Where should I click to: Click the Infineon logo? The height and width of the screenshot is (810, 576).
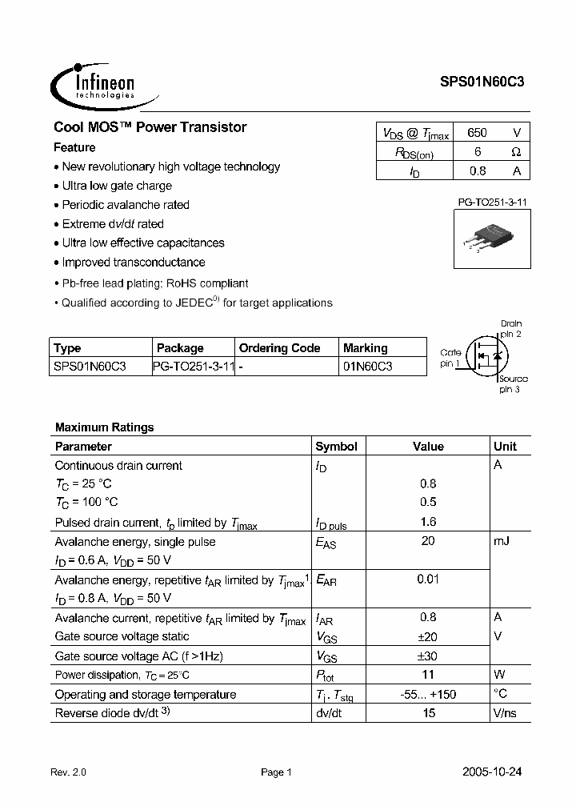94,82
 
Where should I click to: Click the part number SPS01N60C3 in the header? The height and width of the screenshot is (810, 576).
482,82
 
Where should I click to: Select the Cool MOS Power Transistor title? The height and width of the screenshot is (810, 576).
150,127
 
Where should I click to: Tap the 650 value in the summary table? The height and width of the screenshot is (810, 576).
477,133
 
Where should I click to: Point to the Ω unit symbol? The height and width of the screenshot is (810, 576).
516,152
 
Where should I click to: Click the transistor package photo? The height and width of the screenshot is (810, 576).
488,238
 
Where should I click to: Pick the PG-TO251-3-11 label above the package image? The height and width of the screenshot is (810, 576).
486,203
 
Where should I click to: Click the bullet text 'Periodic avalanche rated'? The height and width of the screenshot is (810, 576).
126,205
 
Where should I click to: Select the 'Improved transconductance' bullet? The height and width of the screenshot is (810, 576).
134,263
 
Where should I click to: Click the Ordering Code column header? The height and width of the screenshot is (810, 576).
279,348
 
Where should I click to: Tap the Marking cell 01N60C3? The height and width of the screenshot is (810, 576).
368,366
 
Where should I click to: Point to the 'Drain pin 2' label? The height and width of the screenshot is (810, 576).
510,328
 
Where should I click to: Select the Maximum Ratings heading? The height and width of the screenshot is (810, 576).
104,427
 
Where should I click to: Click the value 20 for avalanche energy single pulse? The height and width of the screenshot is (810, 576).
428,541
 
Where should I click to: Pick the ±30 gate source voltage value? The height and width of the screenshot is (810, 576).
428,656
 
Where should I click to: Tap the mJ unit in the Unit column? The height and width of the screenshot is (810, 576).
502,541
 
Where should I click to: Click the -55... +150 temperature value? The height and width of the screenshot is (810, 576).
428,694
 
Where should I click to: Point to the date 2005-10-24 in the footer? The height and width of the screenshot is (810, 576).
492,772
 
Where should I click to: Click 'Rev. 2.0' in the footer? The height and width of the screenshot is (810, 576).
68,772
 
